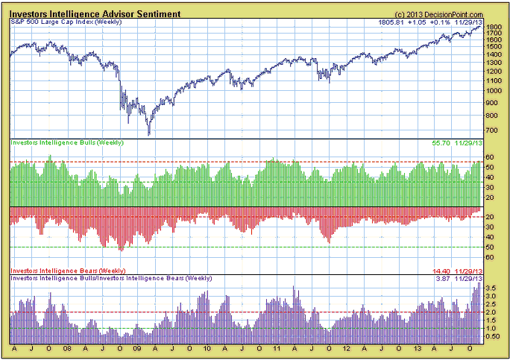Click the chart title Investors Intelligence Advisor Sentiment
point(95,13)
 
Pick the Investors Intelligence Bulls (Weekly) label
point(66,142)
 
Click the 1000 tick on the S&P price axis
point(494,91)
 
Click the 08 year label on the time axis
point(67,348)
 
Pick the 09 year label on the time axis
point(136,348)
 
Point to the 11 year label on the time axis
point(276,348)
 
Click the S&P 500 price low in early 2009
point(149,135)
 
